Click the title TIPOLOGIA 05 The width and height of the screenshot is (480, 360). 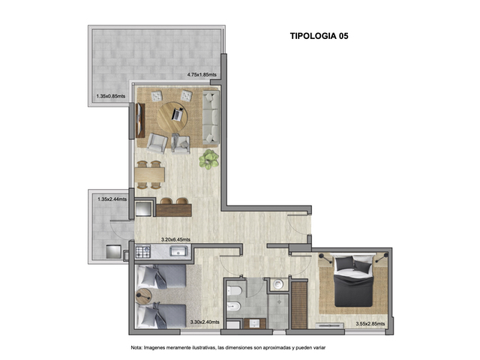[319, 36]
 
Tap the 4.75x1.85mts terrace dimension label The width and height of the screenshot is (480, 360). [202, 74]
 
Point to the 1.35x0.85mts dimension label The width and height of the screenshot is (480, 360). [111, 96]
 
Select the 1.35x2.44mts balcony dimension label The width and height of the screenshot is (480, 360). [112, 199]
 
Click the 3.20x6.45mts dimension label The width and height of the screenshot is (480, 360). [175, 239]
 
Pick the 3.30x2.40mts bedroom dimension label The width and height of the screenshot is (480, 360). [205, 322]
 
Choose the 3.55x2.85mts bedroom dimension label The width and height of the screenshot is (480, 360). [370, 324]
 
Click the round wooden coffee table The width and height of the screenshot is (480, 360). [172, 117]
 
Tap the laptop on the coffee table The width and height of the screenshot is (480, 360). [177, 114]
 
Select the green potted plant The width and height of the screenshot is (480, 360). [208, 159]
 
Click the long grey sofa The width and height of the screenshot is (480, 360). [211, 117]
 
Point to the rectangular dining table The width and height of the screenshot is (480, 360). [150, 175]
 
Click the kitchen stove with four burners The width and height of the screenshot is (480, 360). [143, 252]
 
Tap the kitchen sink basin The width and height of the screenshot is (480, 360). [179, 251]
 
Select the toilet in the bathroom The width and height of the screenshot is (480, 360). [234, 290]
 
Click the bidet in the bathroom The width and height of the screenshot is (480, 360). [234, 306]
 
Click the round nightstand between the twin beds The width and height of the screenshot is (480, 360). [143, 296]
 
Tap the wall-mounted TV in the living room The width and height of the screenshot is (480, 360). [140, 121]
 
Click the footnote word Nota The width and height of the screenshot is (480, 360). [136, 347]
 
